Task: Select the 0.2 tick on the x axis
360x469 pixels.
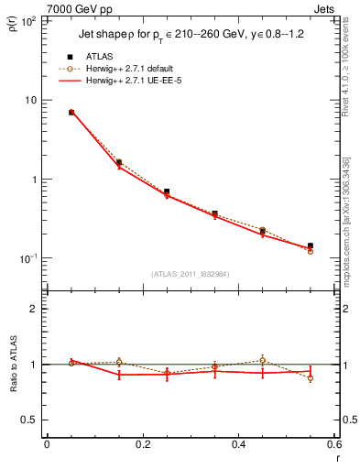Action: click(142, 444)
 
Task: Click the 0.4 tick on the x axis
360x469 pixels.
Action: click(238, 444)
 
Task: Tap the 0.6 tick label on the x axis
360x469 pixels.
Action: click(333, 444)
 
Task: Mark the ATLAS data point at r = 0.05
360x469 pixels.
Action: click(71, 113)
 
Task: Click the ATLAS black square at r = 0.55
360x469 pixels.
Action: click(311, 245)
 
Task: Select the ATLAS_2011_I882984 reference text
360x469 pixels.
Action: click(189, 274)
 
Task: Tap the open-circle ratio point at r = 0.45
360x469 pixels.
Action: click(262, 360)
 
